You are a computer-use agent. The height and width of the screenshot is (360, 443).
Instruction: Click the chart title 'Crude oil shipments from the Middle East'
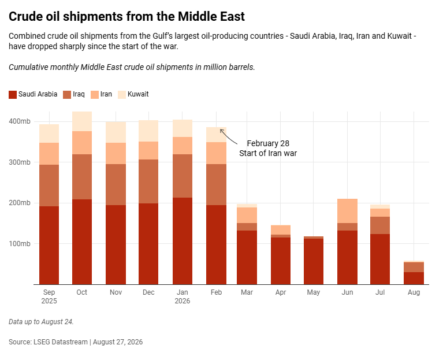coord(126,16)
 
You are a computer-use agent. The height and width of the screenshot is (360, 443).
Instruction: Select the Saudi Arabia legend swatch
coord(13,94)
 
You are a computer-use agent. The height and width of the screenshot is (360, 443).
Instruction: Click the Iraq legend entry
coord(74,94)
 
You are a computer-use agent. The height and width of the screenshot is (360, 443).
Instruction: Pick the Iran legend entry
coord(101,94)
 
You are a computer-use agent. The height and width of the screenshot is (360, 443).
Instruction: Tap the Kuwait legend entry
coord(133,94)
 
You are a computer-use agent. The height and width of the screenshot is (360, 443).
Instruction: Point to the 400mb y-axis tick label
coord(20,121)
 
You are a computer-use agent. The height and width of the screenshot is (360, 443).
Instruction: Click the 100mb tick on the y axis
coord(20,244)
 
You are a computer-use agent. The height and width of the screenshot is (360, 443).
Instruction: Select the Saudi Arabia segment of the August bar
coord(414,278)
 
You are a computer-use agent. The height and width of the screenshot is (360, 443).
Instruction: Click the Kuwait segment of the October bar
coord(82,121)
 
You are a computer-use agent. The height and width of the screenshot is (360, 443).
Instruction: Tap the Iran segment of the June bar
coord(347,211)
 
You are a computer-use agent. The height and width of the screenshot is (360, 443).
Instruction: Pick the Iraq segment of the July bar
coord(380,225)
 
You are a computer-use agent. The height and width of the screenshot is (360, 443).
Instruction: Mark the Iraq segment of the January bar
coord(183,176)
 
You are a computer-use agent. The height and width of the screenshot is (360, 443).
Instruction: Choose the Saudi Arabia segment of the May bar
coord(314,261)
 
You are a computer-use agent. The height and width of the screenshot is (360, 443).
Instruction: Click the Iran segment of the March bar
coord(247,216)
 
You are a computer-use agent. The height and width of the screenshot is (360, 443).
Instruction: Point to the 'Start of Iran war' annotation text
coord(268,153)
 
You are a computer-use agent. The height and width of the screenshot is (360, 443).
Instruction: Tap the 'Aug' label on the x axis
coord(414,292)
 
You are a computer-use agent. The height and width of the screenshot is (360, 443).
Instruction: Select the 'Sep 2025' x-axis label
coord(49,296)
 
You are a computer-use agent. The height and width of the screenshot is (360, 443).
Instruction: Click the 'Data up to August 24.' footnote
coord(41,321)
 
